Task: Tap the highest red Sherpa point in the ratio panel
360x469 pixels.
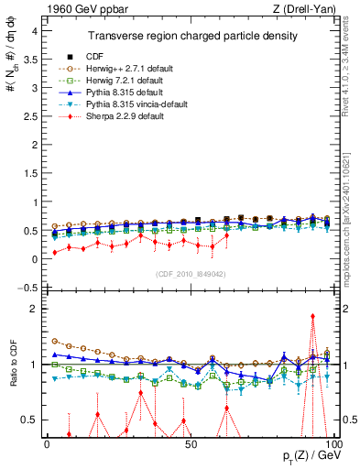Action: (x=312, y=316)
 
